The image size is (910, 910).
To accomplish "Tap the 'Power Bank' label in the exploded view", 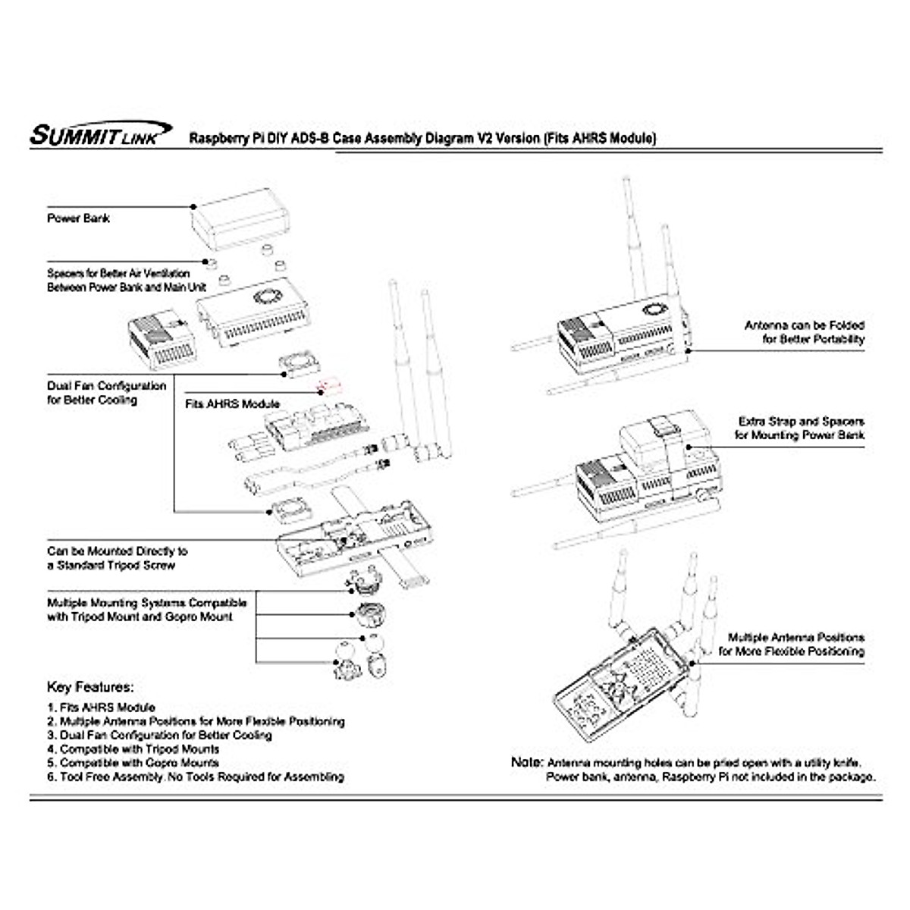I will pyautogui.click(x=79, y=218).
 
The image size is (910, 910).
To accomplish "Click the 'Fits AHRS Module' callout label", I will pyautogui.click(x=232, y=404).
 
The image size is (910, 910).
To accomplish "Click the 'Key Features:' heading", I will pyautogui.click(x=90, y=688).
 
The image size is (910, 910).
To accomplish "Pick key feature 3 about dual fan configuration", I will pyautogui.click(x=159, y=735).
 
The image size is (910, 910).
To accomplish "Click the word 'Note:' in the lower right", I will pyautogui.click(x=527, y=762).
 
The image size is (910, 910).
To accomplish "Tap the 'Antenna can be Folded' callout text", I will pyautogui.click(x=804, y=332).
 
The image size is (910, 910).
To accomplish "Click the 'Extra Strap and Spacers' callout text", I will pyautogui.click(x=801, y=428).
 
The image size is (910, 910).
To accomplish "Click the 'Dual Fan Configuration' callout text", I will pyautogui.click(x=105, y=392).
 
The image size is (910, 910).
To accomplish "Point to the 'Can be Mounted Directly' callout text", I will pyautogui.click(x=117, y=558).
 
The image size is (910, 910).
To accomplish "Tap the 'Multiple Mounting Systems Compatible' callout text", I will pyautogui.click(x=146, y=610).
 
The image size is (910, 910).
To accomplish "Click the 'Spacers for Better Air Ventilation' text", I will pyautogui.click(x=126, y=281).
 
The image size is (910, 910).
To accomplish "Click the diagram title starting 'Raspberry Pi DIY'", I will pyautogui.click(x=422, y=139).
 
